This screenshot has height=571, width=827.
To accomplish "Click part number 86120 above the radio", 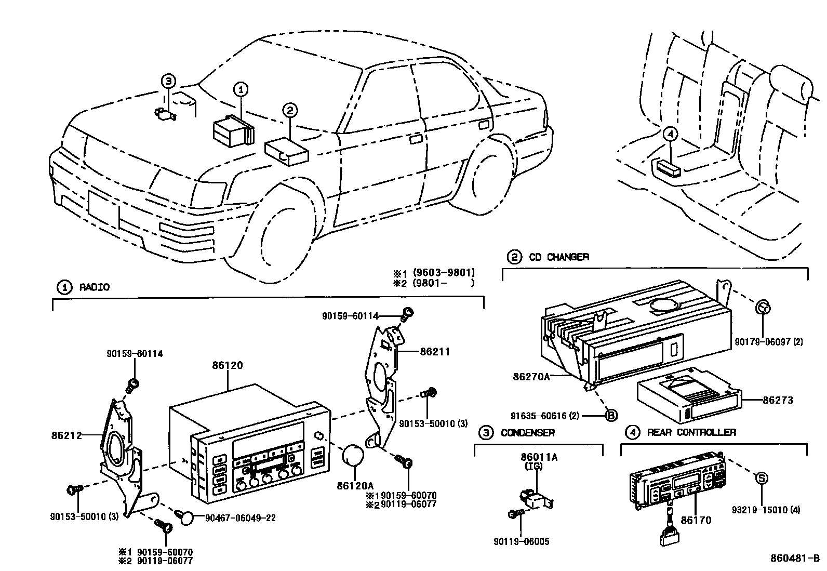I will (227, 366).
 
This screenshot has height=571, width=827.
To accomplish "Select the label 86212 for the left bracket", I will (67, 435).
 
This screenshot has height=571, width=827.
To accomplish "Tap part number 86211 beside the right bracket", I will (435, 352).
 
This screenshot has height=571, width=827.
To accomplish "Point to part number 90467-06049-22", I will (241, 517).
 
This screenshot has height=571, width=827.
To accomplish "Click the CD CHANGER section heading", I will (558, 257).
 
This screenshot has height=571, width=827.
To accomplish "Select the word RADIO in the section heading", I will (94, 287).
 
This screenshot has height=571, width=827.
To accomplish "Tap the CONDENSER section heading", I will (527, 432).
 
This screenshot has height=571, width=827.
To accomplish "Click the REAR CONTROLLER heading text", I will (691, 432).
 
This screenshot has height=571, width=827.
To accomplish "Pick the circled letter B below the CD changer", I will (611, 415).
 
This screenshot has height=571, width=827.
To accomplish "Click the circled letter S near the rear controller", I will (761, 479).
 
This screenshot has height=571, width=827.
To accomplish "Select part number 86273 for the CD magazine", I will (778, 401).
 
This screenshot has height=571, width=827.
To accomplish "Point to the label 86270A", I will (531, 376).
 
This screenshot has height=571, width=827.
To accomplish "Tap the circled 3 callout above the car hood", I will (168, 81).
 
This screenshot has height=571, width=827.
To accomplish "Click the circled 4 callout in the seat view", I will (670, 134).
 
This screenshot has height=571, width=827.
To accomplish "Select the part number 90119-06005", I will (521, 541).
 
